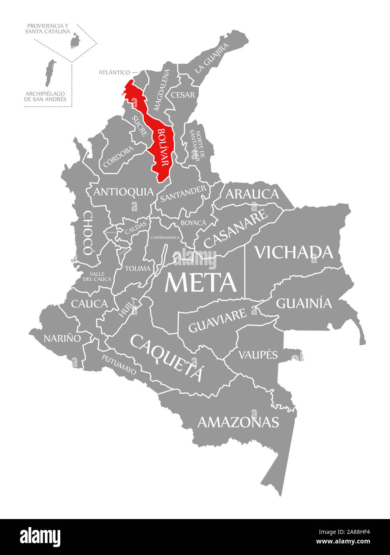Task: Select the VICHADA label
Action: pos(293,252)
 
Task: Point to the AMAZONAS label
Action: pos(238,422)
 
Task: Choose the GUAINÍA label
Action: pos(304,303)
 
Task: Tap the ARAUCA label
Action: pos(252,194)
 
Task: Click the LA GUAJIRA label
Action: pos(212,58)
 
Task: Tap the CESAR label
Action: pos(183,95)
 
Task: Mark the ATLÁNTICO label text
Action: pos(114,72)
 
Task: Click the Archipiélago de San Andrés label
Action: pos(45,96)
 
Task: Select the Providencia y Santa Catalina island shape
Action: pos(74,41)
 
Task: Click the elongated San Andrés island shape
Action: pos(49,73)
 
